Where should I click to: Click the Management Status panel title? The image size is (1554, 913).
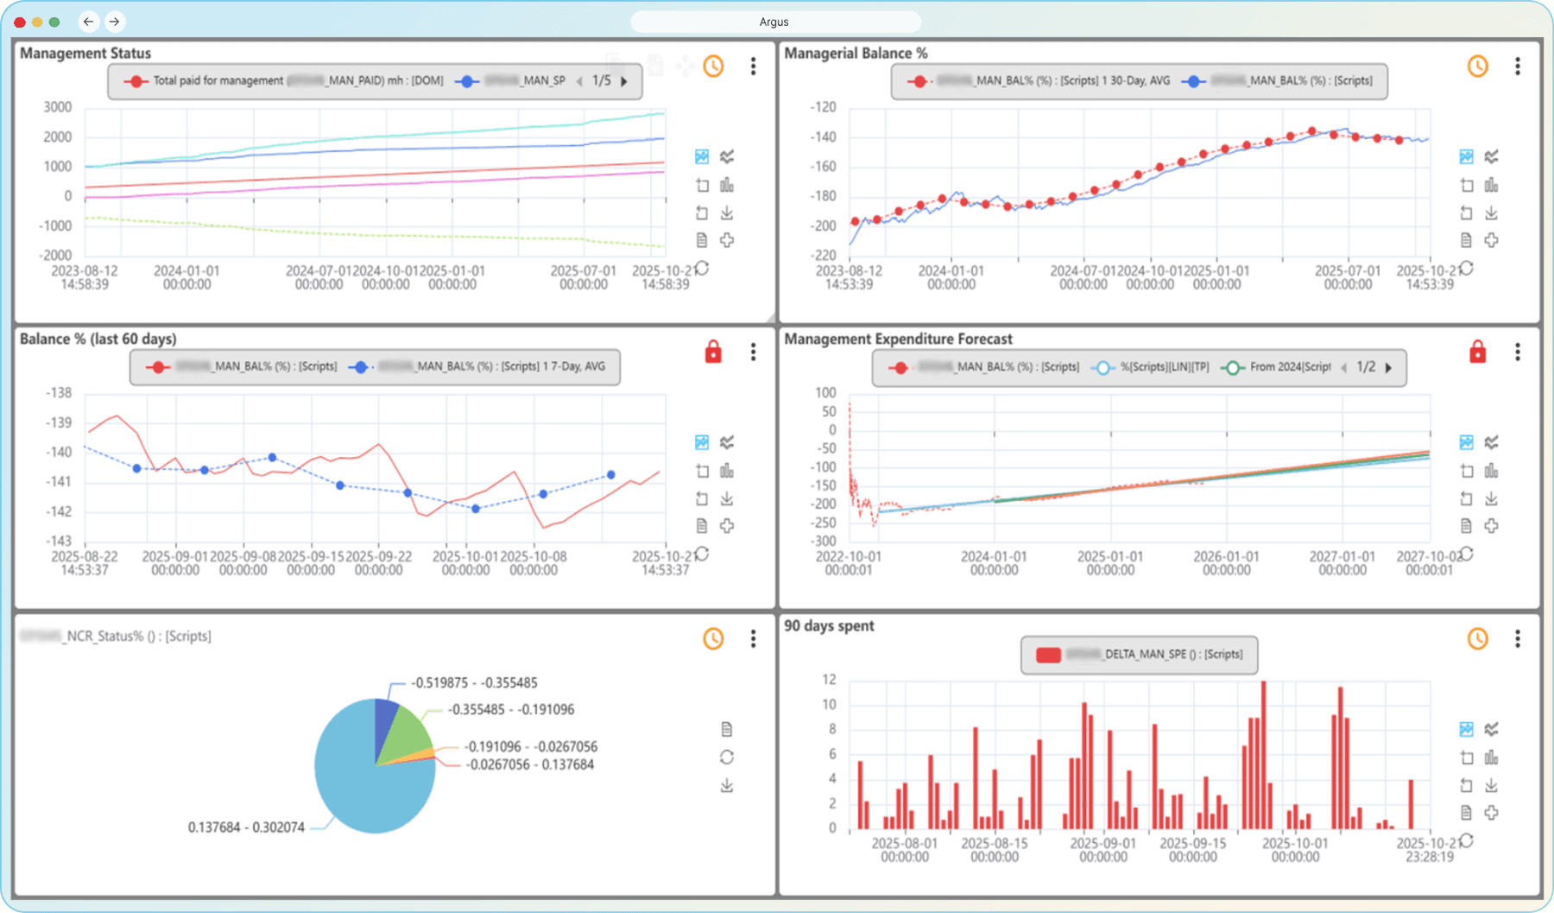click(x=85, y=54)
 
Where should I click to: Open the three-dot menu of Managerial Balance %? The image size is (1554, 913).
click(x=1517, y=67)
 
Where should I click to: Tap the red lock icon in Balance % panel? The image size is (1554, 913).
click(x=713, y=352)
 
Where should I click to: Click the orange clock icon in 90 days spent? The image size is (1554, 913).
click(x=1477, y=639)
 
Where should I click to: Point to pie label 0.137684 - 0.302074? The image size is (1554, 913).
click(x=246, y=827)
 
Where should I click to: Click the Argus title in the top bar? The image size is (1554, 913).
click(x=774, y=22)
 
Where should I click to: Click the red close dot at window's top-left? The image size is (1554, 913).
click(x=19, y=22)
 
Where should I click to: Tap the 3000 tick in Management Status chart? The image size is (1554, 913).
click(x=58, y=107)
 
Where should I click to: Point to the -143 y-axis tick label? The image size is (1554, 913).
click(x=59, y=541)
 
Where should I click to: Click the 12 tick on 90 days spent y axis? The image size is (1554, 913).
click(x=829, y=680)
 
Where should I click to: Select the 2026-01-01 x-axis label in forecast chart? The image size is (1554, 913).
click(x=1226, y=563)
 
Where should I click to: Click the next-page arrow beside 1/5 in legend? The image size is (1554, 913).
click(x=624, y=81)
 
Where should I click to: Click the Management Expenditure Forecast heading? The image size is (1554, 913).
click(x=898, y=339)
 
